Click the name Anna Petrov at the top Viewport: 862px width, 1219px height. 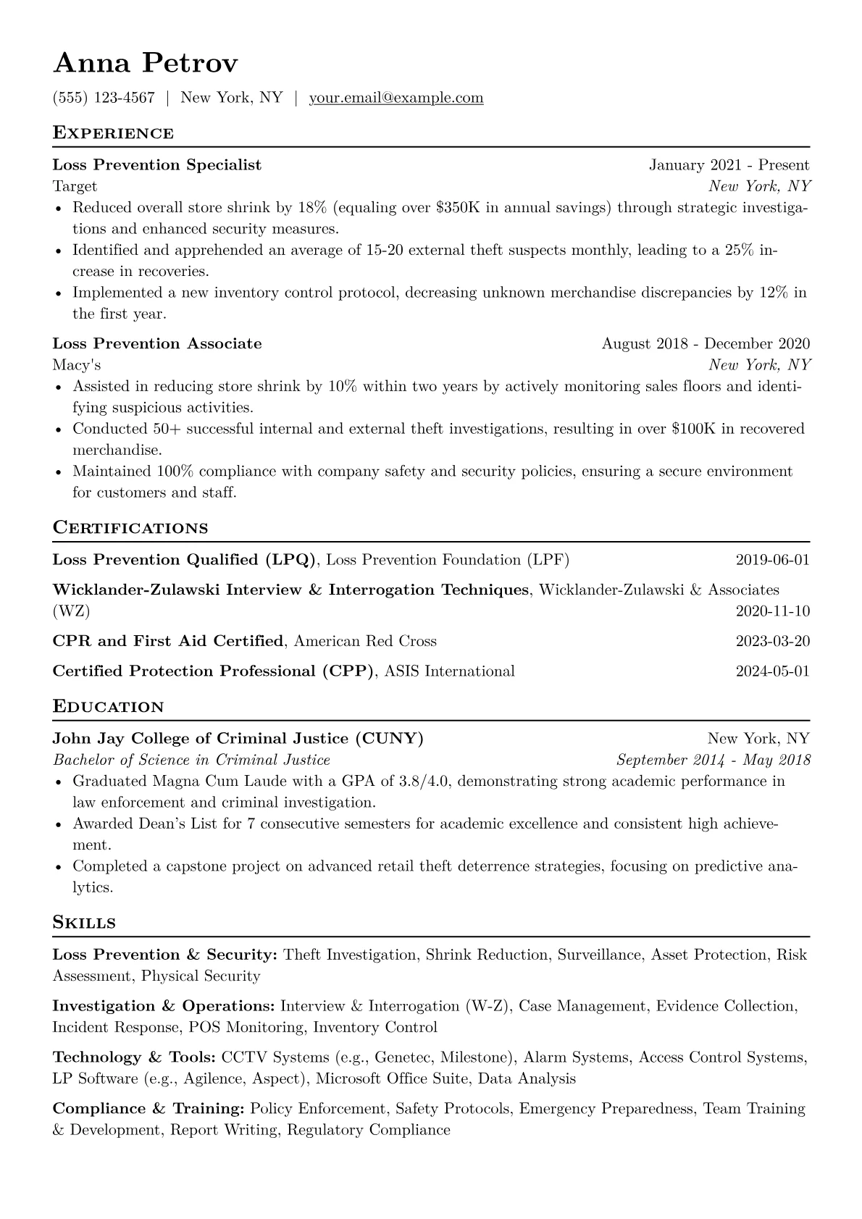[145, 64]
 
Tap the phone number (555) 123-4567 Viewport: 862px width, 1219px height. [104, 98]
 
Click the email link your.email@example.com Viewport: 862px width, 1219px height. [396, 98]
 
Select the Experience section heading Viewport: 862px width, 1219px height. [113, 133]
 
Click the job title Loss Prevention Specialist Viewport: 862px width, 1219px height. [157, 165]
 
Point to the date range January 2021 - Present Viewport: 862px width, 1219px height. [729, 165]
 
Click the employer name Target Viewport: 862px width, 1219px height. [75, 187]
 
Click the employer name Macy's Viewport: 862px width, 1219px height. [77, 365]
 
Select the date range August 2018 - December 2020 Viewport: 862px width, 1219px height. [706, 344]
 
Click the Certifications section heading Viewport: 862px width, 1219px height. [130, 528]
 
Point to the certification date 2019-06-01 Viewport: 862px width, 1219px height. [772, 560]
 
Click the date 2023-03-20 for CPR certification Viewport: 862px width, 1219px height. [772, 641]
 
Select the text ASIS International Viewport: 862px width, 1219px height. [450, 671]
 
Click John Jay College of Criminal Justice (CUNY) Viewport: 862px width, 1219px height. [238, 739]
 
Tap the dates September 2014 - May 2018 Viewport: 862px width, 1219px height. [713, 761]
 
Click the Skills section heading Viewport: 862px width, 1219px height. [84, 923]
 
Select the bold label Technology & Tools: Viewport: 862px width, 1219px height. [135, 1057]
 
